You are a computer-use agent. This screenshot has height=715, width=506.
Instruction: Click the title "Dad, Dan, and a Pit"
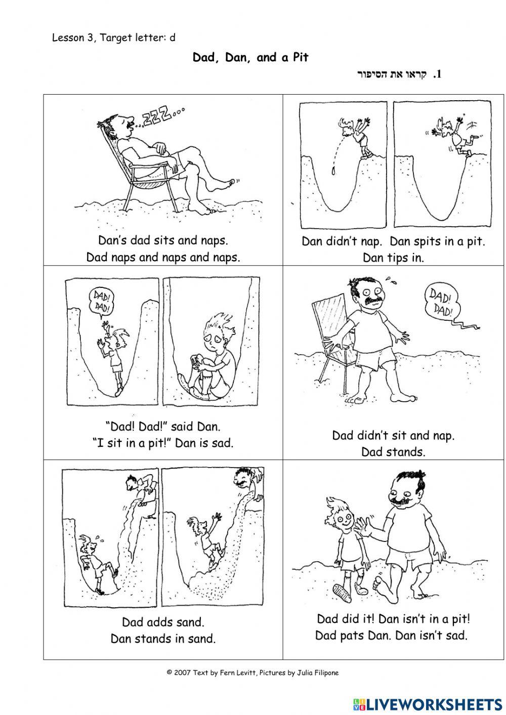(250, 58)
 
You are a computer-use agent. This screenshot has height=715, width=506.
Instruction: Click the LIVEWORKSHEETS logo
(428, 703)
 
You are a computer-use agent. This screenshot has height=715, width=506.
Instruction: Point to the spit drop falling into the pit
(334, 171)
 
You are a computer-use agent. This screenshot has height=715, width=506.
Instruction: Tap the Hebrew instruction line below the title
(400, 75)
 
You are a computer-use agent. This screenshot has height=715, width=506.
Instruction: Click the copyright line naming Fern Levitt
(252, 673)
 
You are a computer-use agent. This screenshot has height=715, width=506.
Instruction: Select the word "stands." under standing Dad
(393, 452)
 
